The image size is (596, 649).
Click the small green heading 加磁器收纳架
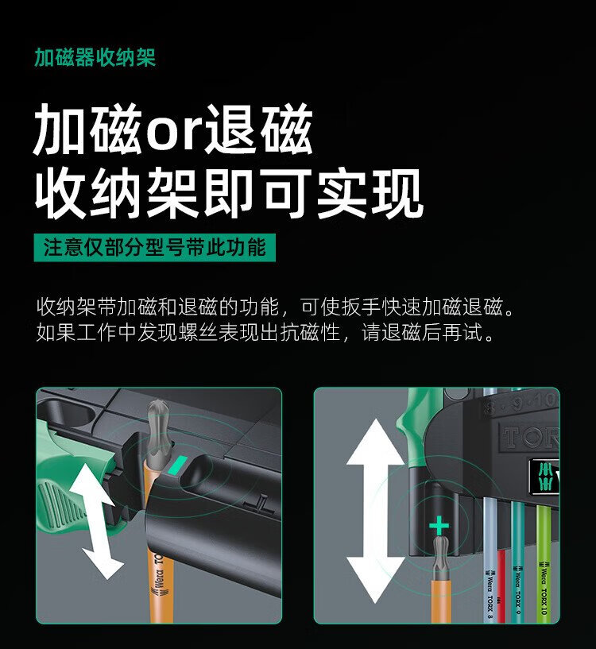tap(95, 57)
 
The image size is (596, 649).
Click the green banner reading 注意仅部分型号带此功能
tap(154, 248)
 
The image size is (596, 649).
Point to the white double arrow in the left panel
tap(96, 520)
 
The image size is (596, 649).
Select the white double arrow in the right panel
tap(375, 510)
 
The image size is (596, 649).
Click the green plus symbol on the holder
tap(439, 527)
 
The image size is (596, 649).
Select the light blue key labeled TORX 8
tap(490, 559)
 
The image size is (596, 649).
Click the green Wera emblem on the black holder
tap(545, 477)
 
